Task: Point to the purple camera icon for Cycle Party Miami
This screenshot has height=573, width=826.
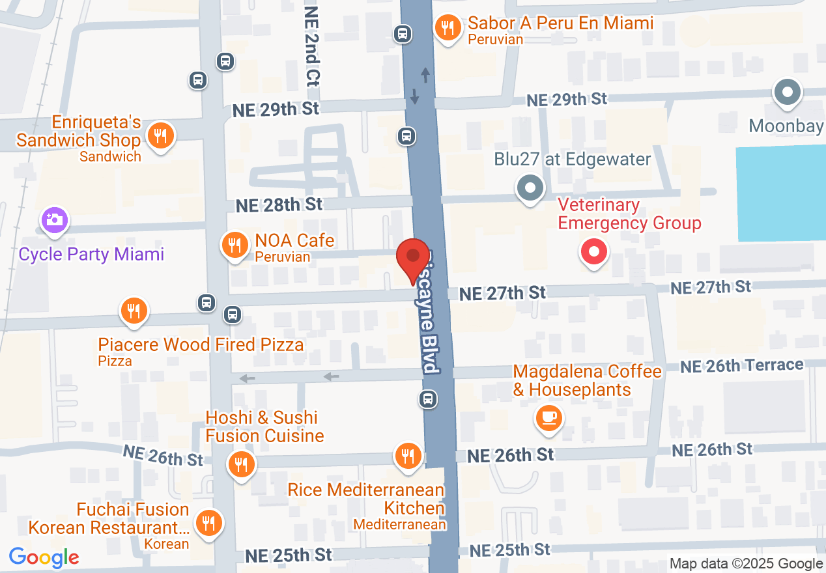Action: tap(54, 220)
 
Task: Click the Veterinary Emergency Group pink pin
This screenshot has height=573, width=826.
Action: tap(593, 252)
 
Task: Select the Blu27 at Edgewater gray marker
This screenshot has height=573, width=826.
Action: tap(530, 188)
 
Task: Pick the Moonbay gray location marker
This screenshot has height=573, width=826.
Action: tap(787, 92)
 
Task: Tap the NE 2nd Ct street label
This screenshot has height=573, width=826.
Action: tap(312, 47)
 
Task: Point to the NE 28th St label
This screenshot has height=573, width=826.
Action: tap(279, 204)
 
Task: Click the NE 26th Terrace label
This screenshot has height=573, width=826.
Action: tap(741, 366)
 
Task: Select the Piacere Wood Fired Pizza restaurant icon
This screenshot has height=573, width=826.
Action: tap(134, 311)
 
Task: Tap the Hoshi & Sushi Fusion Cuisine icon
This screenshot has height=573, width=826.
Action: tap(241, 464)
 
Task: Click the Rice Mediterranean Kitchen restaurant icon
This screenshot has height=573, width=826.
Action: tap(408, 454)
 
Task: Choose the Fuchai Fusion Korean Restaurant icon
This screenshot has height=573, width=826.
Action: tap(208, 523)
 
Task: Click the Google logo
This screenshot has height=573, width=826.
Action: tap(44, 557)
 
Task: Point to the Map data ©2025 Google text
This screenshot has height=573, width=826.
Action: tap(746, 564)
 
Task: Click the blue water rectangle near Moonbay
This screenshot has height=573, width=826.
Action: tap(780, 194)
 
